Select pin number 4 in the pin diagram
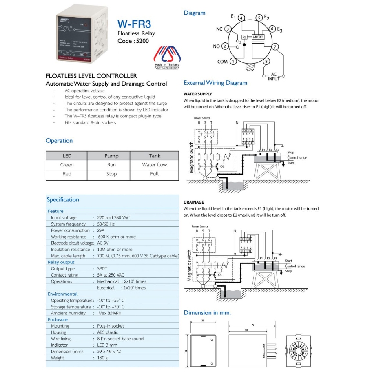coord(241,18)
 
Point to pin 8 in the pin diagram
coord(267,62)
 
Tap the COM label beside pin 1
coord(223,62)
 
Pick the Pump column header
coord(111,156)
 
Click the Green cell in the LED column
coord(67,165)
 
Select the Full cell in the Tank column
coord(154,174)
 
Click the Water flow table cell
coord(154,165)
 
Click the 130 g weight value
coord(102,358)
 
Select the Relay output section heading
coord(61,262)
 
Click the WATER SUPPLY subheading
coord(198,94)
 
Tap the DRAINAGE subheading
coord(194,202)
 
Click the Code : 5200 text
coord(133,41)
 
